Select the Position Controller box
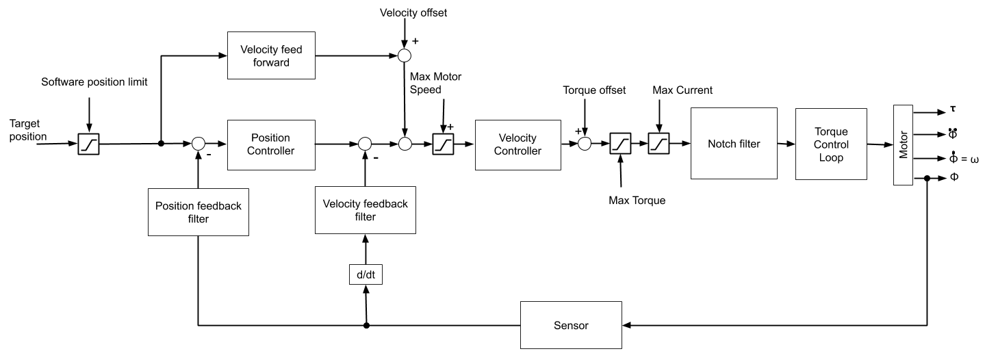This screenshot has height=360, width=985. (x=270, y=144)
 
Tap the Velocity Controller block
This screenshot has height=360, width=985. (x=517, y=144)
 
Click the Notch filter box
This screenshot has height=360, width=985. (x=734, y=144)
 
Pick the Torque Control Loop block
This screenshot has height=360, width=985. (x=831, y=144)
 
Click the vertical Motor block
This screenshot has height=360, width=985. (x=903, y=144)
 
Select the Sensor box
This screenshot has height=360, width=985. (x=571, y=325)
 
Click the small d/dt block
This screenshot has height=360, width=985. (x=366, y=274)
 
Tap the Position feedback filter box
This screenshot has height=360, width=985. (x=199, y=212)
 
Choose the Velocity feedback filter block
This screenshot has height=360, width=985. (x=366, y=210)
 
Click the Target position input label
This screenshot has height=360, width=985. (x=28, y=130)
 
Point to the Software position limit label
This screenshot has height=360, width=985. (x=94, y=82)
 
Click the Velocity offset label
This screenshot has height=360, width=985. (x=413, y=12)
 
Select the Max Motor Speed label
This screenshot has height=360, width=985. (x=435, y=83)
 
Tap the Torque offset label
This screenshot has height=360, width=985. (x=594, y=90)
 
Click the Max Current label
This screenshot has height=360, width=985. (x=682, y=90)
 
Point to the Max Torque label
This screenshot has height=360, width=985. (x=637, y=201)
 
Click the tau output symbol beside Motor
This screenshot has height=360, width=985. (x=953, y=109)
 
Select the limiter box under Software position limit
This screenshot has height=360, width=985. (x=89, y=144)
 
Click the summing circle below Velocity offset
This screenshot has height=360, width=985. (x=405, y=55)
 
